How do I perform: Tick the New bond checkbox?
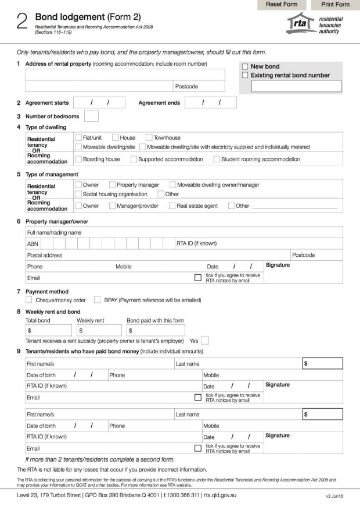pos(242,66)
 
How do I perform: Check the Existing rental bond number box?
pos(242,75)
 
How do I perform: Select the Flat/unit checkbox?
pos(80,136)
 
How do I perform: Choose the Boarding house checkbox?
pos(80,157)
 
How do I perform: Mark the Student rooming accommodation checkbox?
pos(216,157)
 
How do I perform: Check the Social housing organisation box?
pos(80,194)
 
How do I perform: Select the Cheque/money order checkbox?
pos(33,298)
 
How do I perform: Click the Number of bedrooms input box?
pos(94,115)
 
